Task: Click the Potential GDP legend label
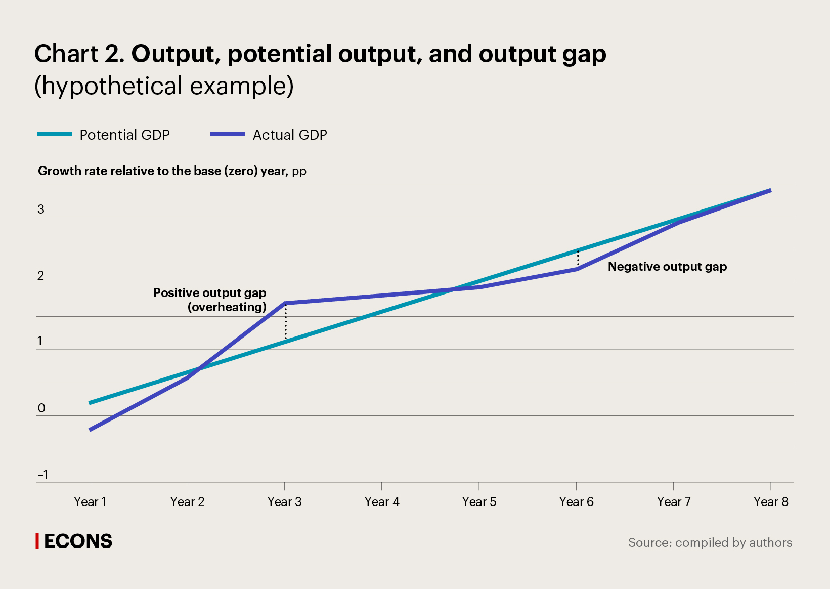pyautogui.click(x=124, y=135)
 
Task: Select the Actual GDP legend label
pyautogui.click(x=289, y=135)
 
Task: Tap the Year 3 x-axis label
pyautogui.click(x=284, y=501)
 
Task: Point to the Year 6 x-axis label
pyautogui.click(x=576, y=501)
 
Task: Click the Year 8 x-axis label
pyautogui.click(x=770, y=501)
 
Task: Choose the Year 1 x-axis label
pyautogui.click(x=90, y=501)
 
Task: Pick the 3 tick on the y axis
pyautogui.click(x=41, y=209)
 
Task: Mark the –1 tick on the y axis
pyautogui.click(x=43, y=474)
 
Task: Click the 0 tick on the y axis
pyautogui.click(x=41, y=408)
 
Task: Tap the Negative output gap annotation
pyautogui.click(x=667, y=267)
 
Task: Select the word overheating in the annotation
pyautogui.click(x=227, y=307)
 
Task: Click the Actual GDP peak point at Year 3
pyautogui.click(x=286, y=303)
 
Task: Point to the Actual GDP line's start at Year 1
pyautogui.click(x=90, y=430)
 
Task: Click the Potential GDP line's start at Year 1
pyautogui.click(x=90, y=403)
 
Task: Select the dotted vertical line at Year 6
pyautogui.click(x=578, y=259)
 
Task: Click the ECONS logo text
pyautogui.click(x=78, y=541)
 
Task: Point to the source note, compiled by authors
pyautogui.click(x=710, y=542)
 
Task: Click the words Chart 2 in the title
pyautogui.click(x=79, y=54)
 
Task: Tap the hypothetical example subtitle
pyautogui.click(x=164, y=86)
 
